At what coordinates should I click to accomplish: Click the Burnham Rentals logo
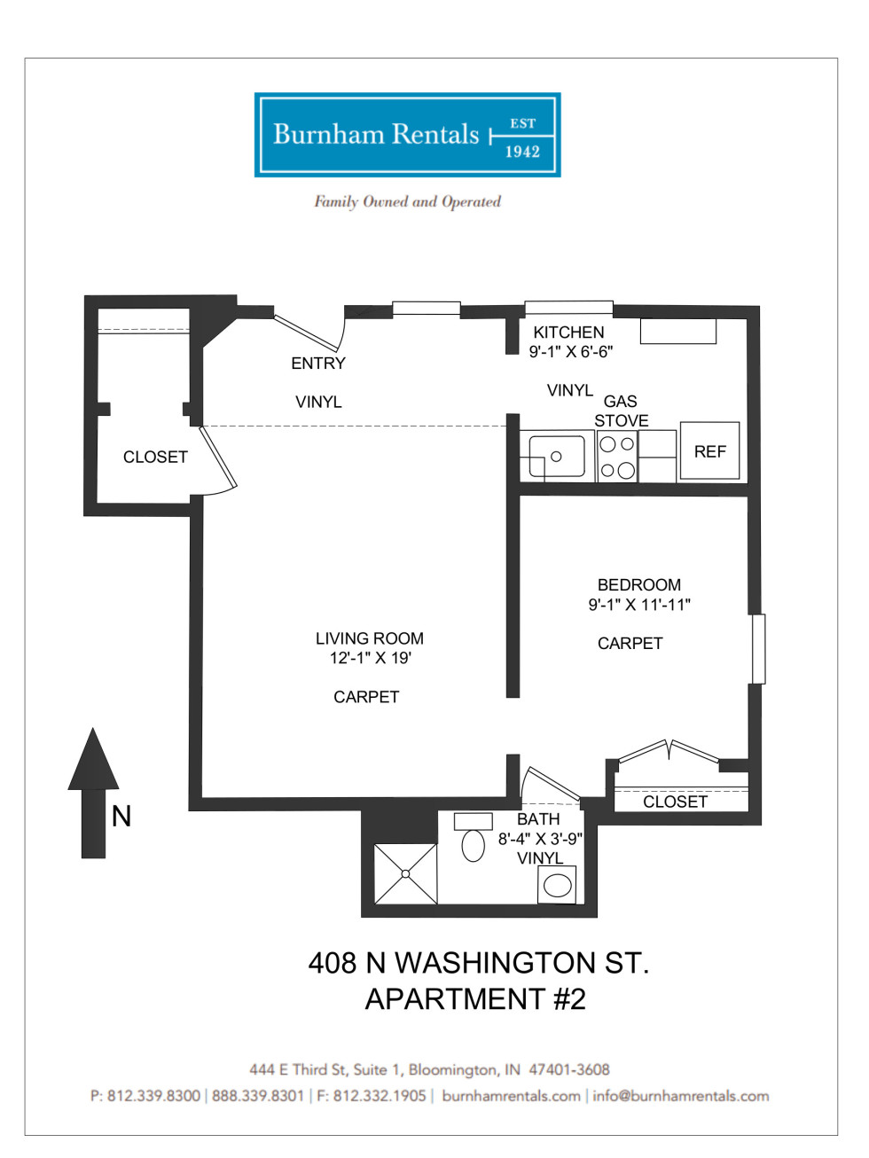tap(407, 135)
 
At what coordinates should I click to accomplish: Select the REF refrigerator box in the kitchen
tap(709, 451)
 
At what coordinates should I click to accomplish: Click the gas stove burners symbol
tap(617, 457)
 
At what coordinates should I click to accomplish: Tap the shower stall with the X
tap(405, 873)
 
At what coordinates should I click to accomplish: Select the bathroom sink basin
tap(557, 885)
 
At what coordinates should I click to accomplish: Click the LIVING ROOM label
tap(369, 638)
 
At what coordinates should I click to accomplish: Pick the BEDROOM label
tap(638, 585)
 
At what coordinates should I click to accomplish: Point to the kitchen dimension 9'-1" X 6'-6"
tap(571, 352)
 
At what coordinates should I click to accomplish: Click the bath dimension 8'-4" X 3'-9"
tap(540, 839)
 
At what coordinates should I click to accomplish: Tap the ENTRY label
tap(317, 364)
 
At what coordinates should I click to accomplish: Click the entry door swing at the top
tap(309, 332)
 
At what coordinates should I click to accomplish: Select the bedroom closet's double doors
tap(669, 751)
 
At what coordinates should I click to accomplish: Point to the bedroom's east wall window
tap(758, 648)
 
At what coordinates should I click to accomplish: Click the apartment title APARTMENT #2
tap(475, 999)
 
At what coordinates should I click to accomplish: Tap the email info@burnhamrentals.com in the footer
tap(680, 1096)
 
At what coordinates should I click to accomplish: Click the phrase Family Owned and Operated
tap(407, 201)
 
